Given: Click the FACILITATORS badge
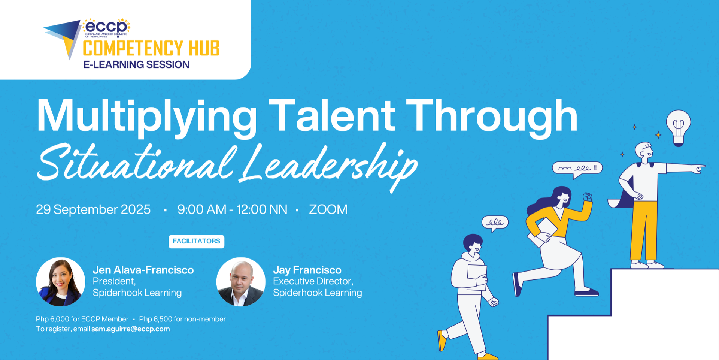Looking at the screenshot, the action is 196,241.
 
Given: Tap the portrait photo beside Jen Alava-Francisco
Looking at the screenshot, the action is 61,282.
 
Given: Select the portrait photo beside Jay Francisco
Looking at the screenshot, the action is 241,282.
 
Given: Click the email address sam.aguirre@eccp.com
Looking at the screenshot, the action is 131,329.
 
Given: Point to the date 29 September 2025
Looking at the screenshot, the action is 93,209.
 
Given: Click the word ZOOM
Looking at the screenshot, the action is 328,209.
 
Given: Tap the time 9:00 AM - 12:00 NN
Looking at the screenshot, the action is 232,209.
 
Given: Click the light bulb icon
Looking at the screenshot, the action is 678,127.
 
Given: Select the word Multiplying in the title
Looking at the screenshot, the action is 146,116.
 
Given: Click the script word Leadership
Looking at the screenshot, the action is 329,167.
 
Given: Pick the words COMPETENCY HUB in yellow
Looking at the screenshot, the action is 151,49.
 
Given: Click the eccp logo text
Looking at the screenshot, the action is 106,27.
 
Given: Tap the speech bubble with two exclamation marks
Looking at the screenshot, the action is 577,169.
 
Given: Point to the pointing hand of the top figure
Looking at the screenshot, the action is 698,168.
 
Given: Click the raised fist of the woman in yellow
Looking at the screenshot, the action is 588,196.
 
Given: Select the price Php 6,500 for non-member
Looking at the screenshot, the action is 182,319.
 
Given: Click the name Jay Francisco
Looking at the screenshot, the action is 307,270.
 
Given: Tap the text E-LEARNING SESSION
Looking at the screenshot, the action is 136,64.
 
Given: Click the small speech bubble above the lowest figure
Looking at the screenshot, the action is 495,223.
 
